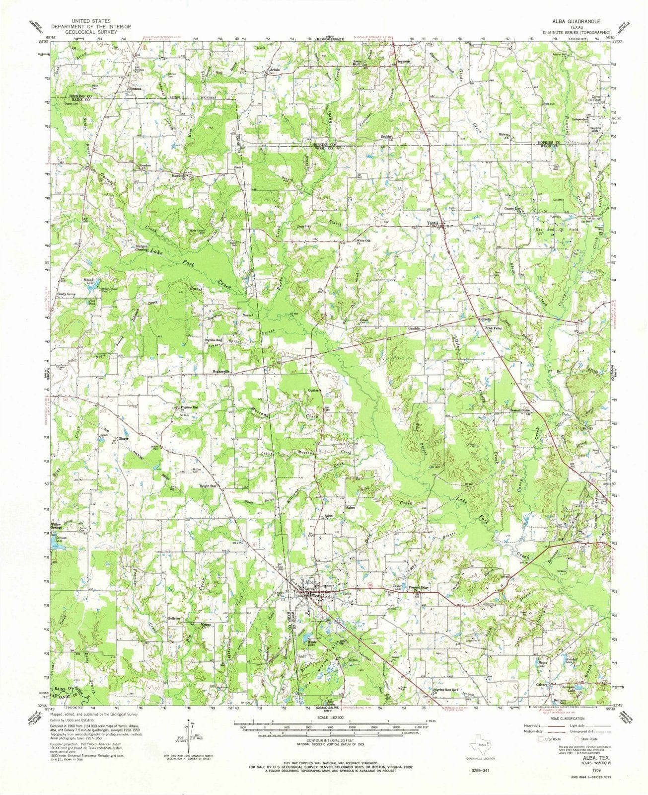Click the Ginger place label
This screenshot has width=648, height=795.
124,439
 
